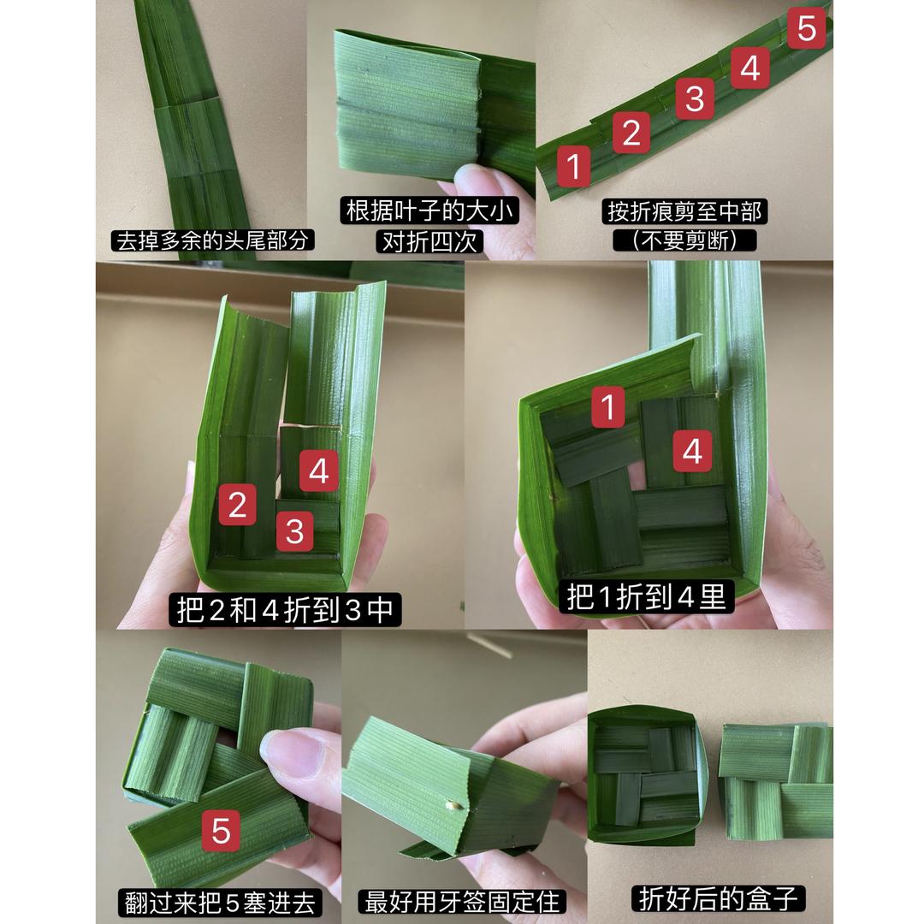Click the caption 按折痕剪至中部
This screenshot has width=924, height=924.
pyautogui.click(x=684, y=210)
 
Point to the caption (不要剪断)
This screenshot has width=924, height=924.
pyautogui.click(x=684, y=240)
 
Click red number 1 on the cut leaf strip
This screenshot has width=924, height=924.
pyautogui.click(x=574, y=165)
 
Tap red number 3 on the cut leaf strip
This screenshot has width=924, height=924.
pyautogui.click(x=695, y=98)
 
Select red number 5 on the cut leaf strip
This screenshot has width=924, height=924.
pyautogui.click(x=805, y=30)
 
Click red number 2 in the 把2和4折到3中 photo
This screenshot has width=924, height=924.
pyautogui.click(x=237, y=505)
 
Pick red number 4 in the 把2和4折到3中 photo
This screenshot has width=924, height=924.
pyautogui.click(x=318, y=471)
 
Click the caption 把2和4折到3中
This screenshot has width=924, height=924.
pyautogui.click(x=283, y=609)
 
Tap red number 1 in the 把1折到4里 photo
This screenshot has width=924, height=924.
pyautogui.click(x=608, y=407)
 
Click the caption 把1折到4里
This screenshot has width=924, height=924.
pyautogui.click(x=646, y=596)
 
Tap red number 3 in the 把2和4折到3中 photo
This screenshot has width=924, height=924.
pyautogui.click(x=294, y=532)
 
